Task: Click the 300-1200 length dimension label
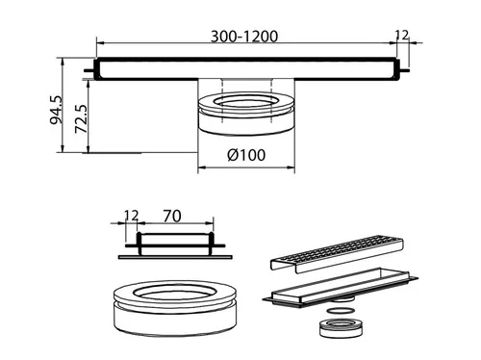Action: click(x=244, y=37)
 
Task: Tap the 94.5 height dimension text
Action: click(x=57, y=110)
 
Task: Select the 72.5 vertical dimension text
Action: click(x=81, y=118)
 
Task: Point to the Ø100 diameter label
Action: click(x=246, y=155)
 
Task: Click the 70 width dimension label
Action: click(x=172, y=216)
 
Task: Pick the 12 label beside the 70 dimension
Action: click(x=131, y=216)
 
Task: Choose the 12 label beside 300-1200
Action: click(x=402, y=35)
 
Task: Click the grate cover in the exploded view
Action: click(x=337, y=254)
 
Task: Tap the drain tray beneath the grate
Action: click(x=341, y=288)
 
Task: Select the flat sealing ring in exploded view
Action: click(x=341, y=311)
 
